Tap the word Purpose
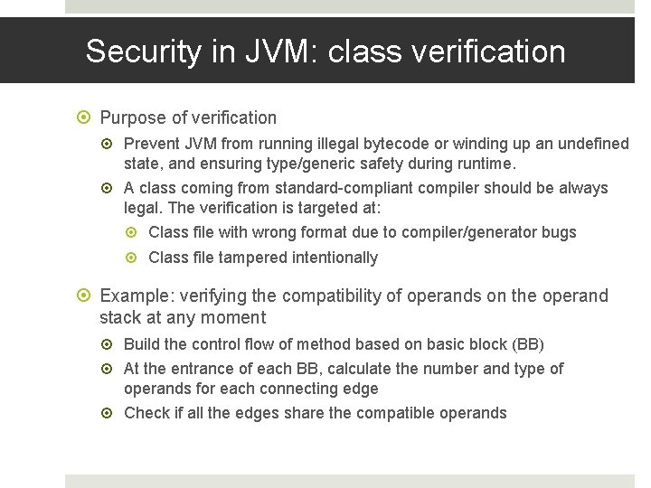click(x=131, y=117)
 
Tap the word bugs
click(x=559, y=232)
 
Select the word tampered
click(x=251, y=258)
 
